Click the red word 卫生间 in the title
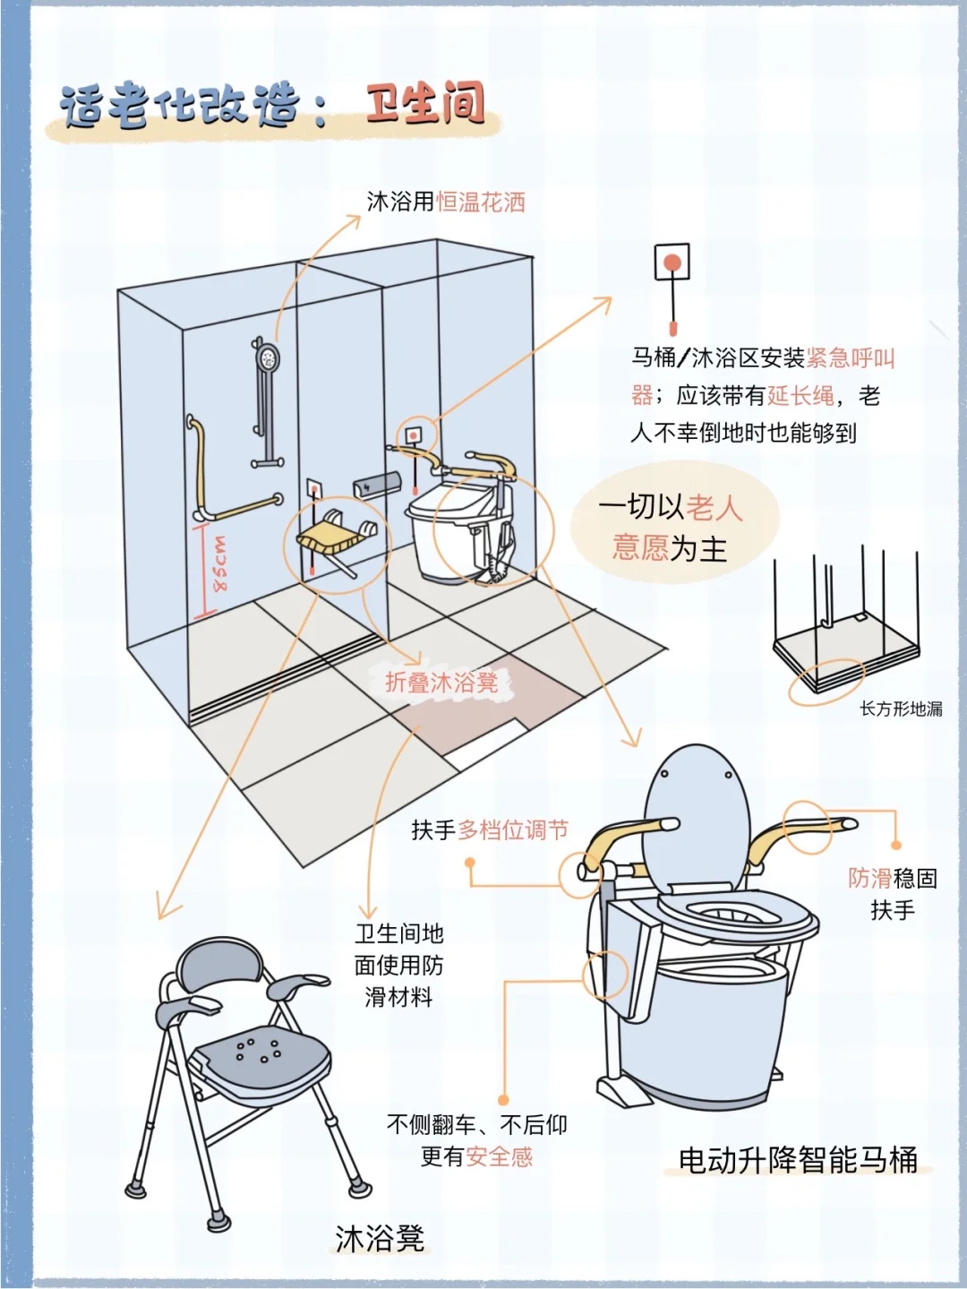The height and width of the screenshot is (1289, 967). tap(425, 104)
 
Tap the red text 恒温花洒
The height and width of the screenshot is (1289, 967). tap(481, 202)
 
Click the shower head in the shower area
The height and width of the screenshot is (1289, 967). tap(266, 358)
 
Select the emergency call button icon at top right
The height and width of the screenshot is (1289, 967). tap(672, 263)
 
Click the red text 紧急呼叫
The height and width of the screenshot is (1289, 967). tap(850, 358)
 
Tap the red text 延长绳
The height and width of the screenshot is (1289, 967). tap(800, 396)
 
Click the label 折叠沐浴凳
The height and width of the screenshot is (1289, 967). tap(441, 683)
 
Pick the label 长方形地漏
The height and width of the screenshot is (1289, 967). tap(901, 709)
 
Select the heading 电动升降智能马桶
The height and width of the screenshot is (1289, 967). tap(798, 1160)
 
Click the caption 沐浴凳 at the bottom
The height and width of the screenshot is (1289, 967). tap(380, 1239)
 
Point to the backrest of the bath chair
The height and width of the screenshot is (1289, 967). tap(220, 966)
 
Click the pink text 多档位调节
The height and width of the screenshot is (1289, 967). tap(513, 830)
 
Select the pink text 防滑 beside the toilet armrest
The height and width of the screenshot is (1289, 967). tap(869, 879)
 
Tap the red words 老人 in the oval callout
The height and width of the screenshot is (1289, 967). tap(715, 508)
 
